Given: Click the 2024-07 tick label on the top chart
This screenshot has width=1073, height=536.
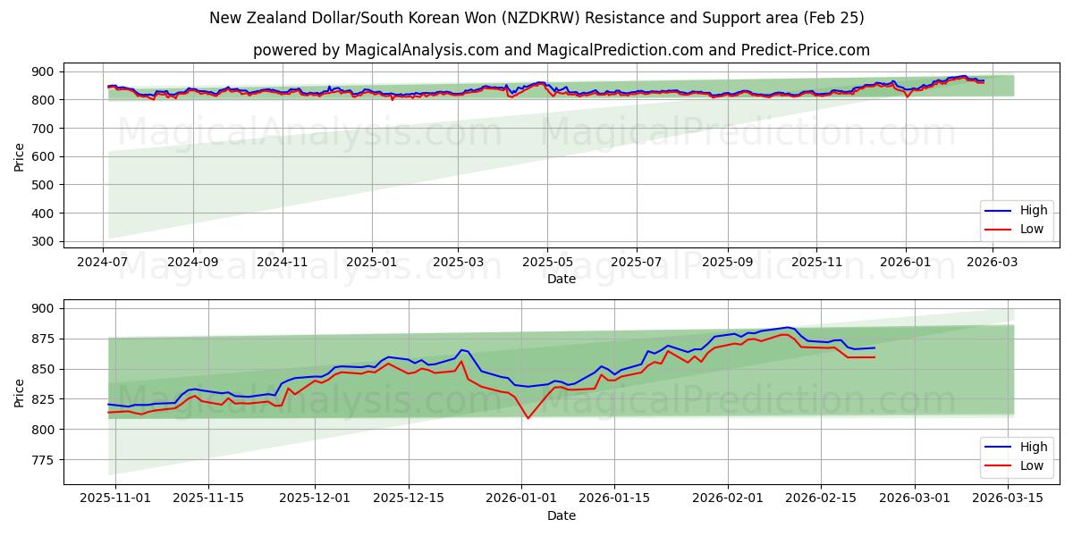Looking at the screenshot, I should coord(104,263).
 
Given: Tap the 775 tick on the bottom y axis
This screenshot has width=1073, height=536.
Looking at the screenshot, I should coord(42,460).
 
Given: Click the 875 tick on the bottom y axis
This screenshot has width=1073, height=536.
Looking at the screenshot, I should coord(42,339).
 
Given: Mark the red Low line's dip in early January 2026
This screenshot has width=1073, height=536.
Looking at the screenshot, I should coord(528,418).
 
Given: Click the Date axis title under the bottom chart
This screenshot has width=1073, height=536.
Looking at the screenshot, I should coord(562,515).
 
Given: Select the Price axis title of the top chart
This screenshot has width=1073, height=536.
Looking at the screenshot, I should coord(20,156).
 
